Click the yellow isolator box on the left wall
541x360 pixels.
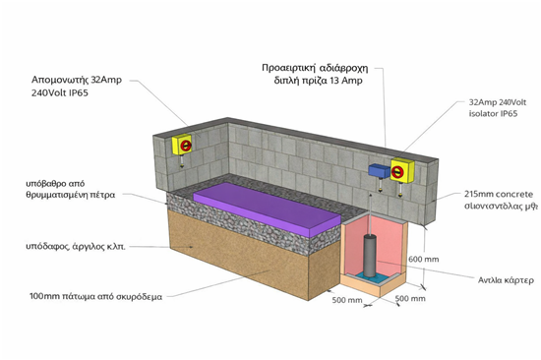point(183,145)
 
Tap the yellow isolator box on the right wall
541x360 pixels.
point(401,172)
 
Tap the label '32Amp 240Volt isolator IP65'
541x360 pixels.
point(495,107)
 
